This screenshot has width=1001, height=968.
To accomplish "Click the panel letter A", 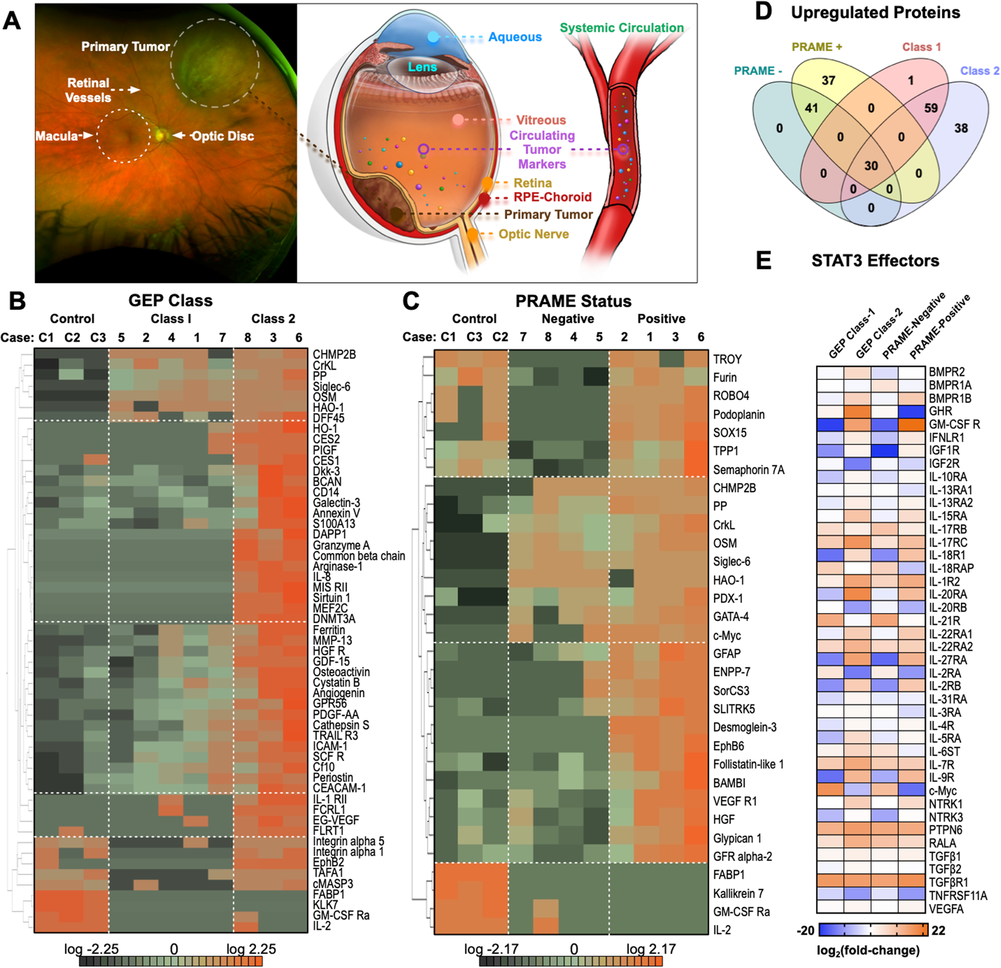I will (x=12, y=21).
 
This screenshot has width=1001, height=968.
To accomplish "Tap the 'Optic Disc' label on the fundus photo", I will (x=222, y=136).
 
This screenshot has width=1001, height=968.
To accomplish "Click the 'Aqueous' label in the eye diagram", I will (x=514, y=37).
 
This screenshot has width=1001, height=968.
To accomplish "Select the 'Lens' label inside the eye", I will (x=422, y=67).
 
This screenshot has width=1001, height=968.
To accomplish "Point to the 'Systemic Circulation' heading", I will (x=621, y=28).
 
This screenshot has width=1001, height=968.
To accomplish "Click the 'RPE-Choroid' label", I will (x=552, y=197).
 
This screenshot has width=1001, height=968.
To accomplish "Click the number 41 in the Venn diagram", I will (x=811, y=108).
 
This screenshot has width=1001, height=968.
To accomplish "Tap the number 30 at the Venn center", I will (x=871, y=166).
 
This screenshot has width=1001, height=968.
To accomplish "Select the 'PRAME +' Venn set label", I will (x=816, y=47).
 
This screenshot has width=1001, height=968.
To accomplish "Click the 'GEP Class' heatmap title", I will (x=170, y=300).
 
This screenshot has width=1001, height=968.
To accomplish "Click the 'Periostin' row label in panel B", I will (x=333, y=777).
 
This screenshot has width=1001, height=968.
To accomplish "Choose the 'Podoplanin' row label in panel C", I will (x=739, y=415).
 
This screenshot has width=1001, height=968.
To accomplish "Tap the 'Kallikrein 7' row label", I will (x=738, y=893).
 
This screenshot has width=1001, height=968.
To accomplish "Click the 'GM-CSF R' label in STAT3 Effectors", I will (x=954, y=424).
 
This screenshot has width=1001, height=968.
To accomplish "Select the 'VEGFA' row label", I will (x=946, y=909).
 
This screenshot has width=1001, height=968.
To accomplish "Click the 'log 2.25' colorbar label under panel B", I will (x=251, y=949).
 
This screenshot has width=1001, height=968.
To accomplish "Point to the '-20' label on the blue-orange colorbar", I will (x=806, y=930).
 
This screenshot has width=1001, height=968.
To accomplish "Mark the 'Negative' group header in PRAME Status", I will (x=567, y=319).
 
